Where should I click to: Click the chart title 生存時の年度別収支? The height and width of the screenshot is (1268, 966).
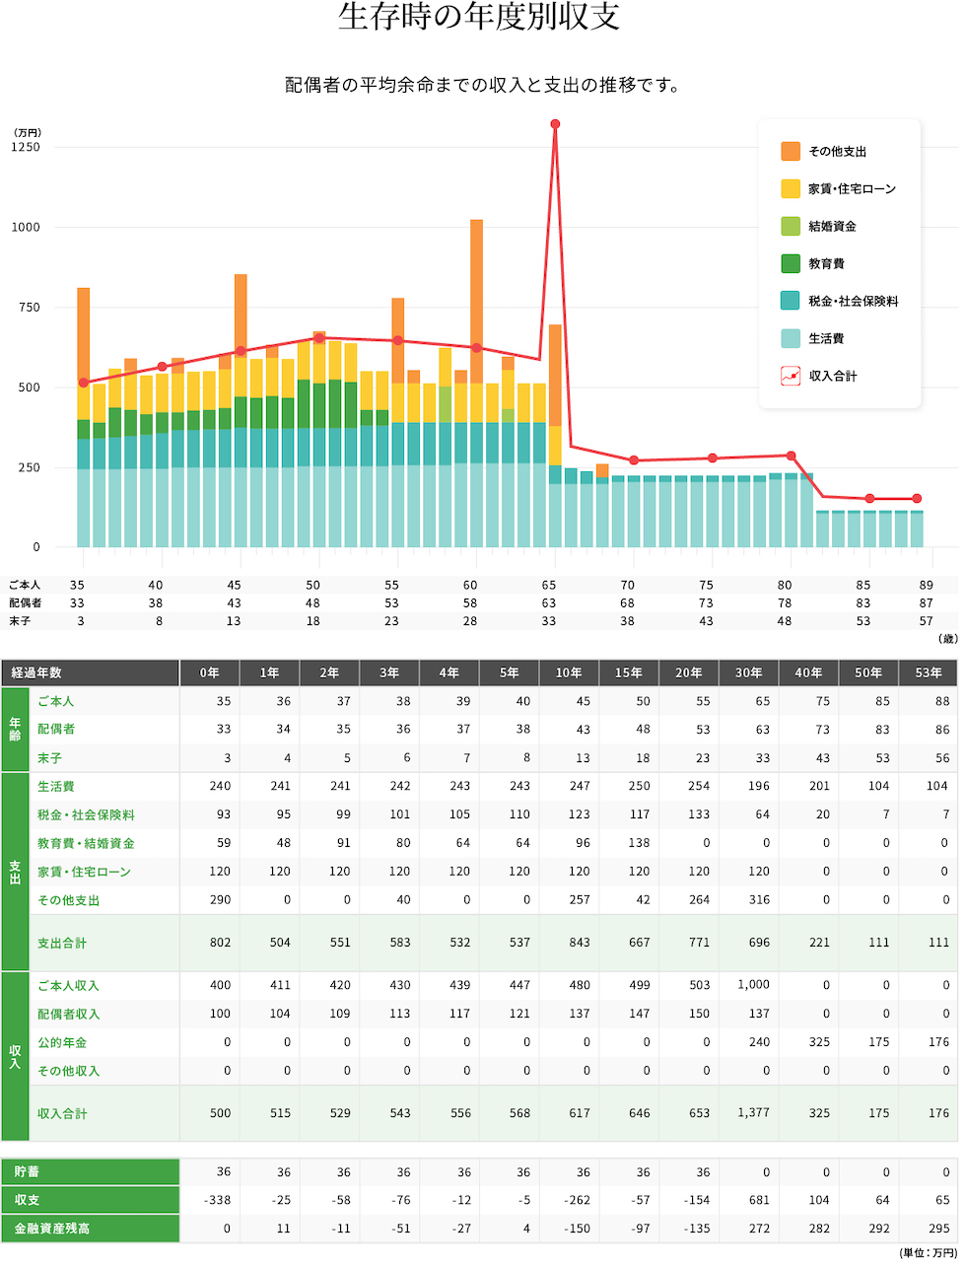pyautogui.click(x=479, y=18)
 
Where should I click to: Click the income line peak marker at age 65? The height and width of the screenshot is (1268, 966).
pyautogui.click(x=555, y=124)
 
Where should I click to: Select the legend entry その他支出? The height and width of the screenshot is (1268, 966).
pyautogui.click(x=837, y=152)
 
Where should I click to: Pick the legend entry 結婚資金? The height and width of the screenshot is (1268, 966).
pyautogui.click(x=832, y=227)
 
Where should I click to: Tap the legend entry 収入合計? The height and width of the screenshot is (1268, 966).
pyautogui.click(x=832, y=377)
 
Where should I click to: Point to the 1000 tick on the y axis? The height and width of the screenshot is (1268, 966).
pyautogui.click(x=26, y=228)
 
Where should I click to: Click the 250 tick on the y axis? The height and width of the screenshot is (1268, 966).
pyautogui.click(x=29, y=468)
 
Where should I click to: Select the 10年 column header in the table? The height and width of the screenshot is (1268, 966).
pyautogui.click(x=569, y=673)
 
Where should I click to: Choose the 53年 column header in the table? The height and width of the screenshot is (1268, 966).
pyautogui.click(x=928, y=673)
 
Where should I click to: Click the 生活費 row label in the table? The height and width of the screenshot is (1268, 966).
pyautogui.click(x=56, y=787)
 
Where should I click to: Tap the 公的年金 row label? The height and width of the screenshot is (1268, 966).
pyautogui.click(x=62, y=1043)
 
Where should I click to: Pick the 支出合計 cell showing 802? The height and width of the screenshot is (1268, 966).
pyautogui.click(x=220, y=943)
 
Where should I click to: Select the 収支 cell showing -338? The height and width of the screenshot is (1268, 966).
pyautogui.click(x=217, y=1201)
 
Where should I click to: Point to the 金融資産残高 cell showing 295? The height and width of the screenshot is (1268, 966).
pyautogui.click(x=939, y=1230)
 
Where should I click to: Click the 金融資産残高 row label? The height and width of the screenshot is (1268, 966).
pyautogui.click(x=52, y=1230)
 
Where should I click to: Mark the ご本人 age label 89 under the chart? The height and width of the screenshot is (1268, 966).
pyautogui.click(x=926, y=586)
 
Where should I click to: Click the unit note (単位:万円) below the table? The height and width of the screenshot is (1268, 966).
pyautogui.click(x=928, y=1253)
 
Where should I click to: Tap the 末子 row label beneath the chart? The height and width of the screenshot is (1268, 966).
pyautogui.click(x=20, y=622)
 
